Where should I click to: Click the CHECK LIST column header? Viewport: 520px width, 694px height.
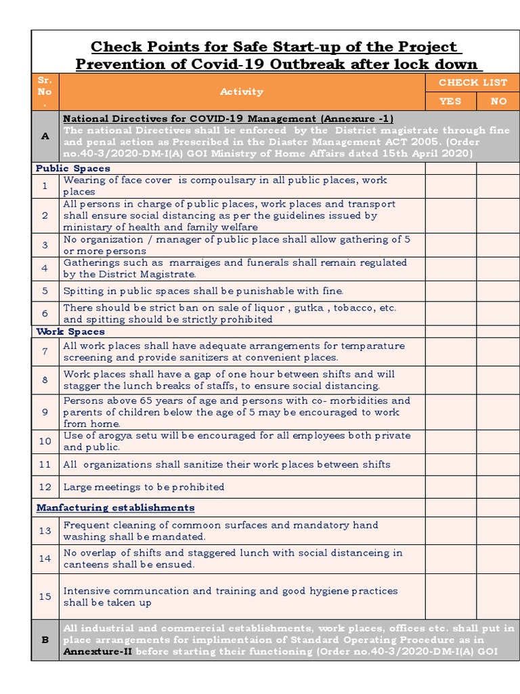tap(473, 83)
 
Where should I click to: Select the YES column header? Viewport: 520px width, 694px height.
tap(450, 101)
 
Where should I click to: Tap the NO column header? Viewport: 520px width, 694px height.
tap(498, 101)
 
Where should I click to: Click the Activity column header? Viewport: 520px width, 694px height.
tap(242, 91)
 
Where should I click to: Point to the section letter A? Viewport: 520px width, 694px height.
tap(45, 136)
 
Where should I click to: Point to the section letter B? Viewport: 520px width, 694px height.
tap(45, 640)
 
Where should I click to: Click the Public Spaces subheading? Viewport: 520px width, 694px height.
tap(73, 168)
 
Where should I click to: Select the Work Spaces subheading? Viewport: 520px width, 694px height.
tap(70, 331)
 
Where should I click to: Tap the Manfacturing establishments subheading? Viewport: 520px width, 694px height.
tap(115, 508)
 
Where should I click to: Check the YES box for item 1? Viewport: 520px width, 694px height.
tap(450, 186)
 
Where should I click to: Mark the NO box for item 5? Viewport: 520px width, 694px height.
tap(498, 291)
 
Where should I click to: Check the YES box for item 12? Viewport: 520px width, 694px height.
tap(450, 487)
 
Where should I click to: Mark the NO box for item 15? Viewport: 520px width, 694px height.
tap(498, 596)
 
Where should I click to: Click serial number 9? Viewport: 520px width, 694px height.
tap(45, 412)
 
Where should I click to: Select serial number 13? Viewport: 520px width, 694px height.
tap(45, 531)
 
